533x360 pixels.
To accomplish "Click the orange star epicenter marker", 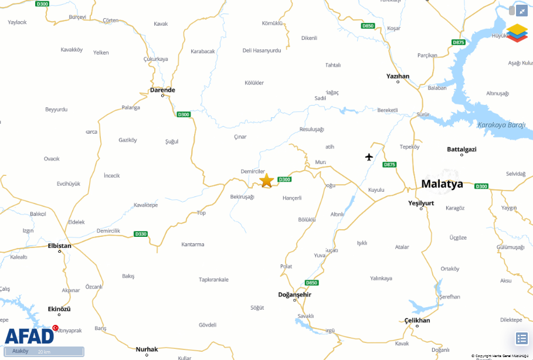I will pyautogui.click(x=267, y=180).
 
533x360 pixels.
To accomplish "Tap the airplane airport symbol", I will pyautogui.click(x=369, y=157).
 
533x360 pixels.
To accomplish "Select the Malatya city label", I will pyautogui.click(x=442, y=184).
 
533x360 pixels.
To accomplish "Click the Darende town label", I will pyautogui.click(x=162, y=90).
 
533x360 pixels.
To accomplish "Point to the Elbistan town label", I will pyautogui.click(x=59, y=246).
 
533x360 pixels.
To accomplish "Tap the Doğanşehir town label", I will pyautogui.click(x=294, y=294).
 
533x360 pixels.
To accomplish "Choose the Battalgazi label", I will pyautogui.click(x=461, y=150).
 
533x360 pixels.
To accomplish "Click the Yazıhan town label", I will pyautogui.click(x=398, y=76).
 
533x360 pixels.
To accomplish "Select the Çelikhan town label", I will pyautogui.click(x=417, y=320).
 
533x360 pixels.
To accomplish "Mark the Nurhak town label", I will pyautogui.click(x=147, y=349).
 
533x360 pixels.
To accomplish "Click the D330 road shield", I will pyautogui.click(x=141, y=234).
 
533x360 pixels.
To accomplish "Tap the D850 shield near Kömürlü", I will pyautogui.click(x=368, y=26).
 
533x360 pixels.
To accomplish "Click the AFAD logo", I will pyautogui.click(x=29, y=335).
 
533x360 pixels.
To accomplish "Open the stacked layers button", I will pyautogui.click(x=517, y=33).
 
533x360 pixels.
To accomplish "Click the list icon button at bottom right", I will pyautogui.click(x=522, y=338).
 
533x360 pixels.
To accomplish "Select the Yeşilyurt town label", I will pyautogui.click(x=421, y=203).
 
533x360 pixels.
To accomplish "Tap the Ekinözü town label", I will pyautogui.click(x=59, y=309).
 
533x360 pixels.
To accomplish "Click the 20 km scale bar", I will pyautogui.click(x=44, y=352).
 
